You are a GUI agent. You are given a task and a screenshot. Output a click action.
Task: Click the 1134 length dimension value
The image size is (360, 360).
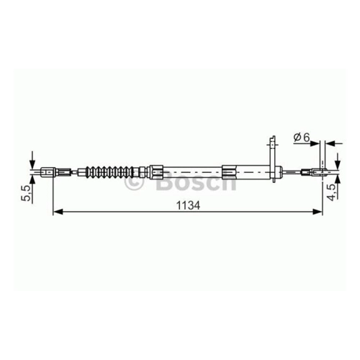[188, 205]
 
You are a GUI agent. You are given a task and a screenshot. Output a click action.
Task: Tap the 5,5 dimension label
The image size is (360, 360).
[27, 193]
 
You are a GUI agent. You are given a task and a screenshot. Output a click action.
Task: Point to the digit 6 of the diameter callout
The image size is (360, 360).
[306, 138]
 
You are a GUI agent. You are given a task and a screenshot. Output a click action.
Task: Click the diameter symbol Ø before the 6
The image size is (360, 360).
[297, 138]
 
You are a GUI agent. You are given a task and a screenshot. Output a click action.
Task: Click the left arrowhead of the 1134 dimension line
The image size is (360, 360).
[58, 212]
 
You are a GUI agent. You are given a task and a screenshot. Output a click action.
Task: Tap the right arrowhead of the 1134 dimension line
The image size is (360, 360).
[317, 212]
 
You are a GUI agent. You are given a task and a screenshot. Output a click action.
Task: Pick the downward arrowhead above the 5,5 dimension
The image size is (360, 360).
[32, 165]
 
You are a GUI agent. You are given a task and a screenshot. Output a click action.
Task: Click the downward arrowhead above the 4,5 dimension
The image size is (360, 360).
[338, 164]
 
